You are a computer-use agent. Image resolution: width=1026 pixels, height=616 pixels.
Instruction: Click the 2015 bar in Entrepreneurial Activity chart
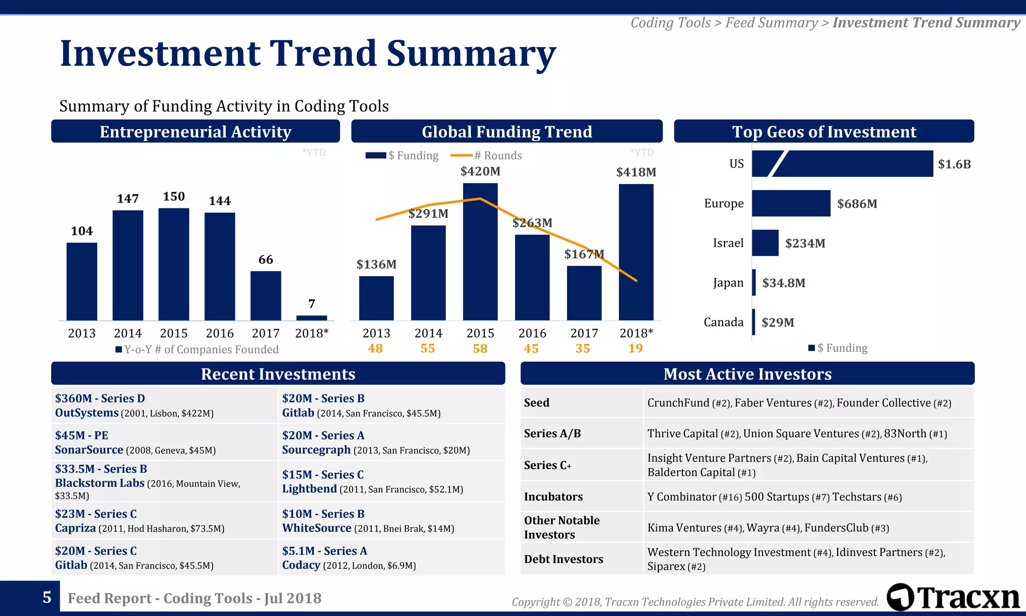click(x=174, y=264)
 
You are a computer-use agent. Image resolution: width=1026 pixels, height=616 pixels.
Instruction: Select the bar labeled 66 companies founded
click(x=266, y=295)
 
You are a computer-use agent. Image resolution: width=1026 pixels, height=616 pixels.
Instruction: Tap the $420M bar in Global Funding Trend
click(x=480, y=252)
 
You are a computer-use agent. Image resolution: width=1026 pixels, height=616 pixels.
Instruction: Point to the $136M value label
click(x=376, y=264)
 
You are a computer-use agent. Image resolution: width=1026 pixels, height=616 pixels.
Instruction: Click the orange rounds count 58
click(x=480, y=348)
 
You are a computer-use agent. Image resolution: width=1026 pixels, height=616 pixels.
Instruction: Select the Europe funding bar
click(x=791, y=203)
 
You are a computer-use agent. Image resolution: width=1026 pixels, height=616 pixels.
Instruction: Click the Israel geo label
click(x=728, y=243)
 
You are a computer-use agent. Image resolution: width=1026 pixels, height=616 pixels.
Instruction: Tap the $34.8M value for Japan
click(x=784, y=283)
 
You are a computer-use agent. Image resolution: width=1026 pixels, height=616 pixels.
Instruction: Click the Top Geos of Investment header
click(x=824, y=131)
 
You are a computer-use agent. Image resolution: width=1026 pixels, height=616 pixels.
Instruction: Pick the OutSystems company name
click(x=87, y=413)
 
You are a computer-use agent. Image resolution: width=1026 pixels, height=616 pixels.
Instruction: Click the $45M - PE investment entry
click(x=82, y=435)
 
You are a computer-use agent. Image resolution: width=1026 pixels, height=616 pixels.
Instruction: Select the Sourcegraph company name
click(x=316, y=450)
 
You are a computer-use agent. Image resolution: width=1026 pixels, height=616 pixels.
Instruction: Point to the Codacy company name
click(x=301, y=565)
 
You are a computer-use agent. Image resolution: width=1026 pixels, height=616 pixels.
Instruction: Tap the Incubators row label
click(x=553, y=497)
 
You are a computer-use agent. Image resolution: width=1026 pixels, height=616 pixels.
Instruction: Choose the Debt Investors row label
click(x=564, y=559)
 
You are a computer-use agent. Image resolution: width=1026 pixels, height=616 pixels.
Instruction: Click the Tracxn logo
click(x=953, y=597)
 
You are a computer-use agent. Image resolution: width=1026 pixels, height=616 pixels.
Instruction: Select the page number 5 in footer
click(x=47, y=597)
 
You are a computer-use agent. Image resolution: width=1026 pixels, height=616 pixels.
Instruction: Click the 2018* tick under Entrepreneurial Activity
click(x=312, y=333)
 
